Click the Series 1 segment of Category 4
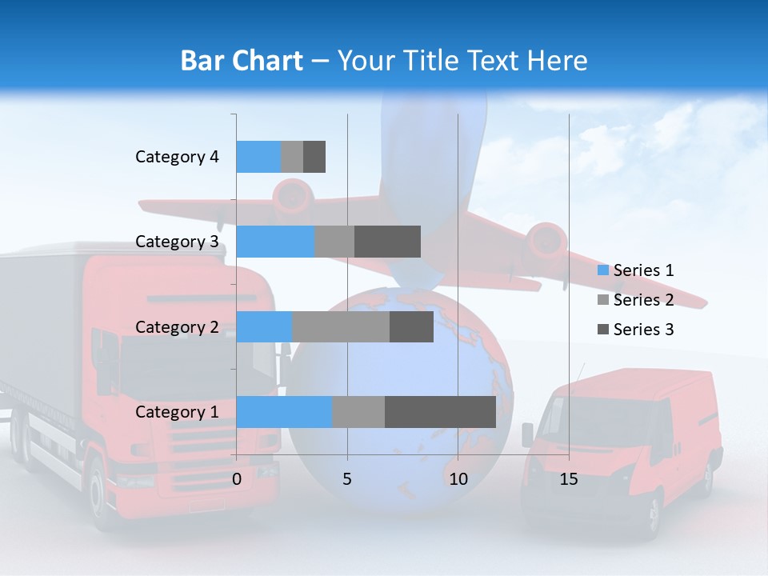click(258, 157)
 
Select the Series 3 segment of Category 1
click(440, 412)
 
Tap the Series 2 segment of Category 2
click(341, 326)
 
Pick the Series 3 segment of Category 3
click(387, 242)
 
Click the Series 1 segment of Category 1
click(284, 412)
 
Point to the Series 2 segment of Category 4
click(292, 157)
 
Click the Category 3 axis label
click(177, 242)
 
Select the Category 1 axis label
click(177, 412)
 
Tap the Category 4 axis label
click(177, 157)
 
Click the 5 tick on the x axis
click(347, 479)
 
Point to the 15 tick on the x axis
click(569, 479)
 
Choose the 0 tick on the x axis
click(237, 479)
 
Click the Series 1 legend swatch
click(603, 270)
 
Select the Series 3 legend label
click(643, 330)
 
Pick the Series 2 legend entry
click(636, 300)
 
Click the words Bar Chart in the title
click(242, 61)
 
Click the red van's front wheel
click(654, 512)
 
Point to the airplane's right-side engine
click(547, 240)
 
